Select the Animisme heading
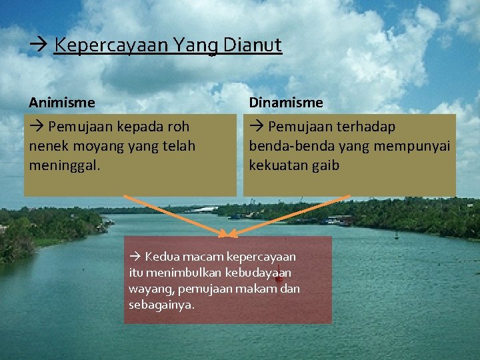click(62, 103)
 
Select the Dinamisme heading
click(286, 103)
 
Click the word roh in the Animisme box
click(177, 127)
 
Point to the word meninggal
click(65, 165)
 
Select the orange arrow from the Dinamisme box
click(293, 215)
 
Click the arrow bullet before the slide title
click(37, 46)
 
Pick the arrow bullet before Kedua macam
click(135, 257)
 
